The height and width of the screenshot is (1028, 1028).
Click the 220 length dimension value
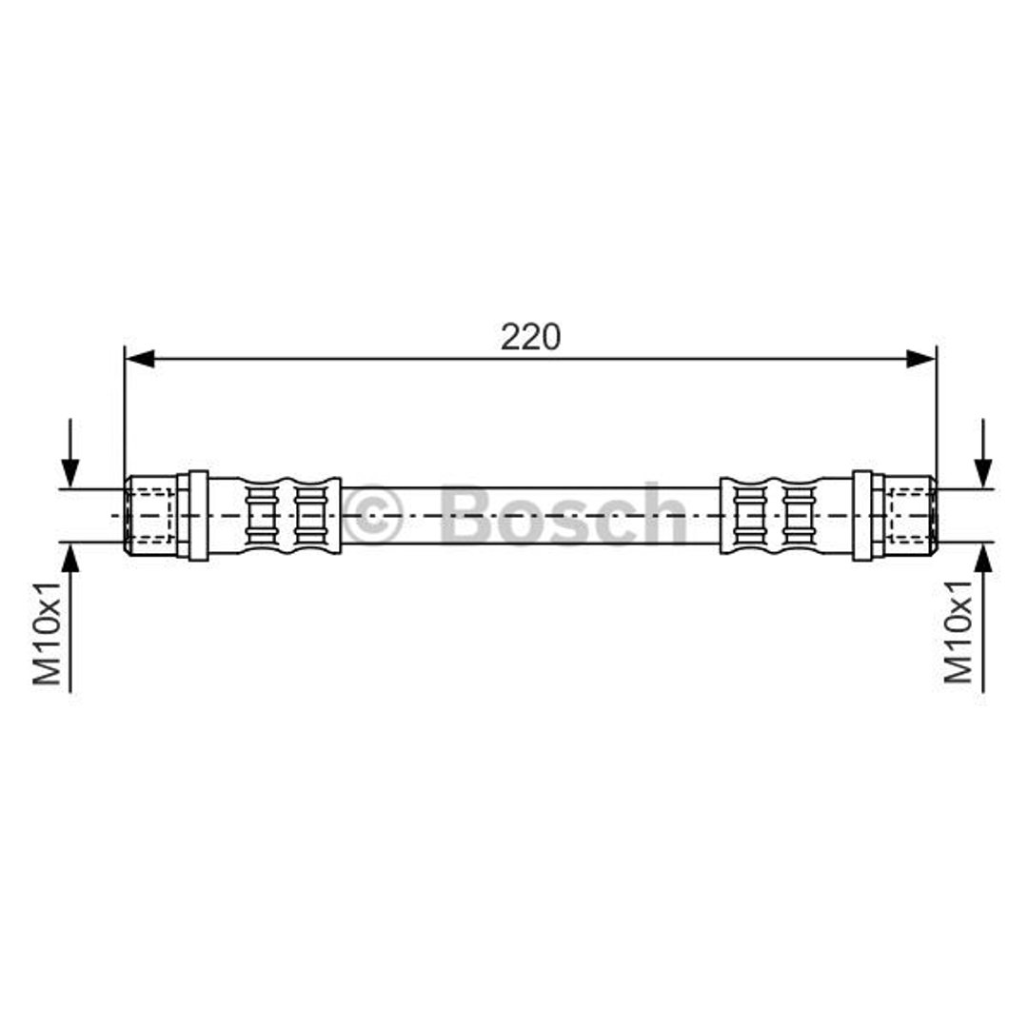tap(530, 337)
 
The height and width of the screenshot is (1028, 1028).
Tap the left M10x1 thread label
tap(48, 632)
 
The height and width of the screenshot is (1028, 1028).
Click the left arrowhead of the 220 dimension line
tap(140, 359)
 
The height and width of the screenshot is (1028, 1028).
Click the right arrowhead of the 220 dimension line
tap(921, 359)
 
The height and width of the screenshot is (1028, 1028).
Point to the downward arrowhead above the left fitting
tap(70, 473)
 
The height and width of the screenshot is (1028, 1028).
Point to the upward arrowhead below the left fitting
tap(70, 558)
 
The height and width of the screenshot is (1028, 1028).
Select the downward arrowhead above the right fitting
tap(982, 473)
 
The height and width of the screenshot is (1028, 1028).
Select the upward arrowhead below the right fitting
tap(982, 558)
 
